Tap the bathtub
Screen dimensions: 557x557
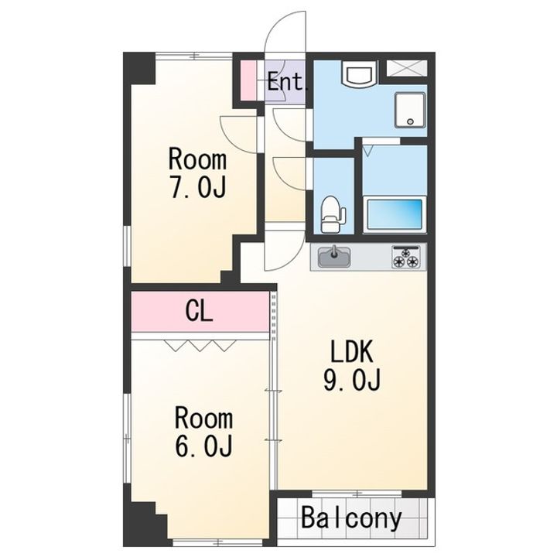395,214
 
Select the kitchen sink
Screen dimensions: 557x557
334,257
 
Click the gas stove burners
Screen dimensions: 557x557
405,257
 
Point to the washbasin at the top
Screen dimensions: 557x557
360,74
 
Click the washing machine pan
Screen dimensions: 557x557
410,110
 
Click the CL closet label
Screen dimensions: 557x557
199,313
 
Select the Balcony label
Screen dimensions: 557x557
351,518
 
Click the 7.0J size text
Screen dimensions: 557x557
198,187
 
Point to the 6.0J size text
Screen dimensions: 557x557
204,446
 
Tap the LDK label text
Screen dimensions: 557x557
352,351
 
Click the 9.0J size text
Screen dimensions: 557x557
352,379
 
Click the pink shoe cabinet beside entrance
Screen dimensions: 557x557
249,80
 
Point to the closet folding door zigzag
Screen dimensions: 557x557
200,345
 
